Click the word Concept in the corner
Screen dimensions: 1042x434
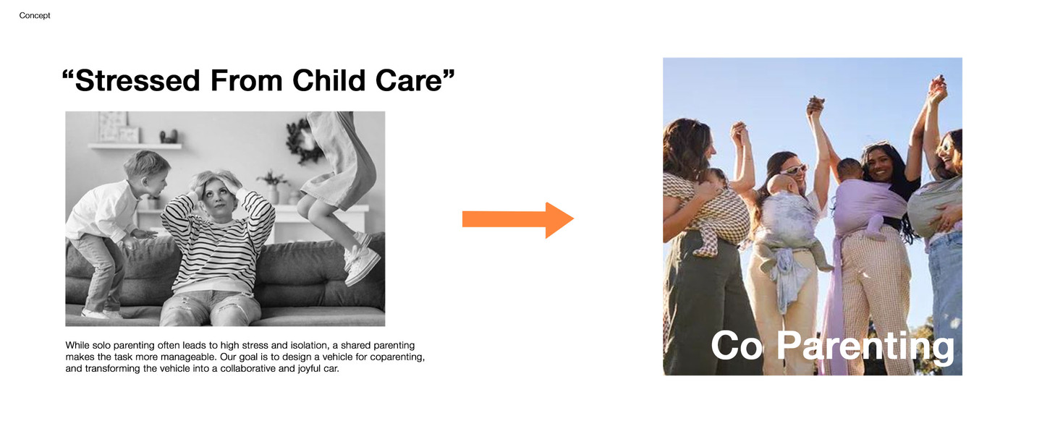click(35, 15)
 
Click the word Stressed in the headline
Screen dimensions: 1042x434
click(137, 80)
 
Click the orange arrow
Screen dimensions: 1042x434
click(518, 220)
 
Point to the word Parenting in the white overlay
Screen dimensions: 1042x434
click(865, 346)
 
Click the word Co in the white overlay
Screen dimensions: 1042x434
click(737, 346)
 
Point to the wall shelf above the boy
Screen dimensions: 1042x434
click(135, 146)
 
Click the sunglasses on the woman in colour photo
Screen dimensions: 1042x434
click(793, 169)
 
